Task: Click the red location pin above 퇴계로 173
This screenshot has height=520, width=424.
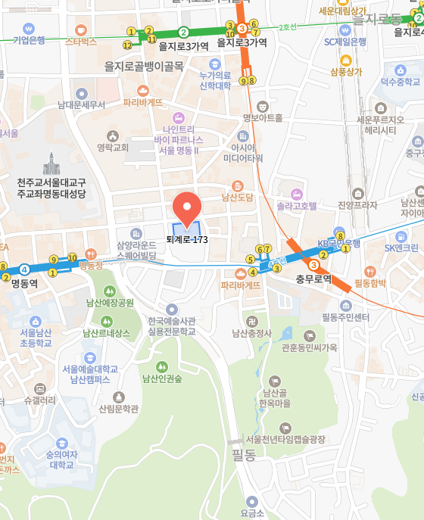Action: click(x=186, y=207)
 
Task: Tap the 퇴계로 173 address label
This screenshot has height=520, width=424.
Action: click(x=187, y=239)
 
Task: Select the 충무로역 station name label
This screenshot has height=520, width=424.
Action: click(x=313, y=279)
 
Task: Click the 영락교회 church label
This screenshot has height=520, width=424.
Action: click(x=113, y=148)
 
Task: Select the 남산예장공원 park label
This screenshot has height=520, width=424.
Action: click(x=110, y=303)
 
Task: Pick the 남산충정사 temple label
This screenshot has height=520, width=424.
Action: click(x=252, y=332)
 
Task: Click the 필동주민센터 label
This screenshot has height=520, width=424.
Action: click(x=345, y=316)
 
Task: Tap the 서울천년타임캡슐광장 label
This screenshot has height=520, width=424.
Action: click(x=285, y=439)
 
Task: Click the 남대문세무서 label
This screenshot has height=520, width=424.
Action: click(x=81, y=104)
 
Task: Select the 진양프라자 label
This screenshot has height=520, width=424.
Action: click(x=357, y=205)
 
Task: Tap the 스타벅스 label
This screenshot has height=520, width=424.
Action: click(x=81, y=42)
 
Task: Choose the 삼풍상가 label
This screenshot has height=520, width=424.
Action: click(x=346, y=72)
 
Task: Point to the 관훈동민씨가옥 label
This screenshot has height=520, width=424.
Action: click(x=308, y=347)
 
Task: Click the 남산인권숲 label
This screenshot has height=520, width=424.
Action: click(x=157, y=378)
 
